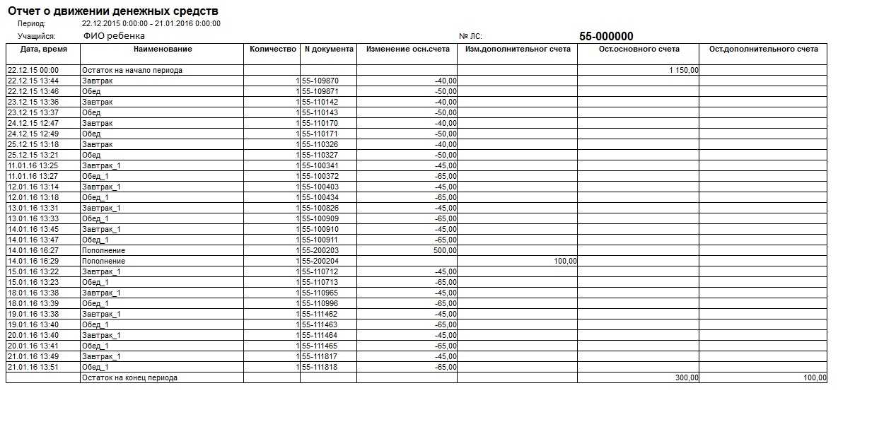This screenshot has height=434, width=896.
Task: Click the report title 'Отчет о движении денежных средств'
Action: coord(112,11)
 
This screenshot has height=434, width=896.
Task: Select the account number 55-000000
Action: coord(606,37)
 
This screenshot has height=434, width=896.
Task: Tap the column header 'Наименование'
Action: coord(162,49)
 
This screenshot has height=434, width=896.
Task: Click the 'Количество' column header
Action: coord(272,49)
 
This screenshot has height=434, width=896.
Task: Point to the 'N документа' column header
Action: coord(329,49)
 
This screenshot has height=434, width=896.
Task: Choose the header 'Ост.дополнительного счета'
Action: coord(763,49)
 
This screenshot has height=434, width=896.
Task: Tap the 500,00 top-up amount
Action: coord(446,251)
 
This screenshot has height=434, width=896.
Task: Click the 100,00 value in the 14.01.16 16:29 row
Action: coord(566,262)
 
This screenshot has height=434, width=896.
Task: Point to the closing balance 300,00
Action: coord(686,378)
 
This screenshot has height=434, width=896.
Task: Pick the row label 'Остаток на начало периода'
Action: coord(132,71)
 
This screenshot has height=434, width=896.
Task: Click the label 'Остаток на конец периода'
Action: coord(129,378)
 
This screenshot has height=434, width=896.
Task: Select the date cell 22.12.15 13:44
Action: coord(33,81)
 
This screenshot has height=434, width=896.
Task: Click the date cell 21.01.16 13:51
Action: coord(33,368)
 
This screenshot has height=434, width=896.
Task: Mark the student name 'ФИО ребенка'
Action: coord(114,35)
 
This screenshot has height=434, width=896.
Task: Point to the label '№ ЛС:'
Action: coord(471,36)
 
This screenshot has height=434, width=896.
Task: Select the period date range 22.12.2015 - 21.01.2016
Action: coord(151,23)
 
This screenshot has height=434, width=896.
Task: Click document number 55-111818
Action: coord(320,368)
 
